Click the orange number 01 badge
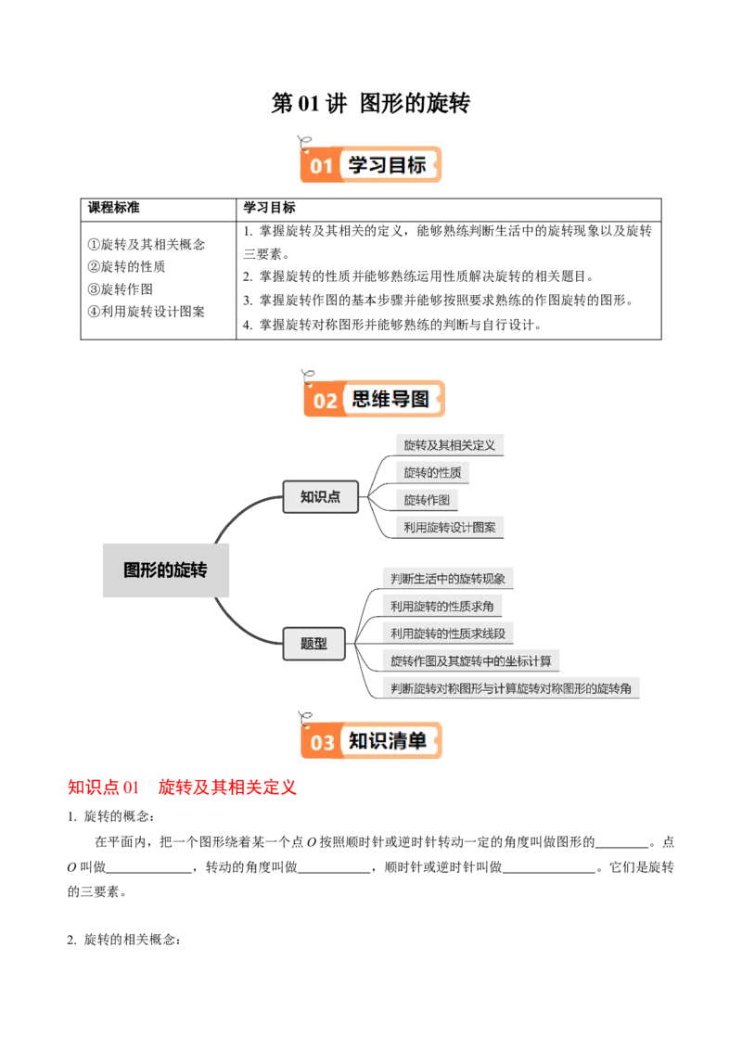[x=320, y=166]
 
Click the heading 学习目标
[x=387, y=165]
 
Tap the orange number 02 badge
[x=325, y=401]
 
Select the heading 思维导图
[x=390, y=400]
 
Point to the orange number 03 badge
[x=322, y=742]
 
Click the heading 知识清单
[x=388, y=741]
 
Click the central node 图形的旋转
[x=165, y=570]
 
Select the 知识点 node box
[x=320, y=497]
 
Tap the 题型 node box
[x=314, y=643]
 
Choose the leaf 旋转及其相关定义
[x=449, y=445]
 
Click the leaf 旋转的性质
[x=432, y=473]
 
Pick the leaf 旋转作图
[x=427, y=501]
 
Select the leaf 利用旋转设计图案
[x=449, y=528]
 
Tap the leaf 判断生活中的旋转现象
[x=448, y=579]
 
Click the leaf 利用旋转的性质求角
[x=441, y=607]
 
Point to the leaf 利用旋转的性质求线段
[x=448, y=634]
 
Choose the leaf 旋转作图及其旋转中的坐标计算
[x=470, y=661]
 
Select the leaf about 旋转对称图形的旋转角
[x=511, y=688]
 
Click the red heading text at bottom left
[x=181, y=787]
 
